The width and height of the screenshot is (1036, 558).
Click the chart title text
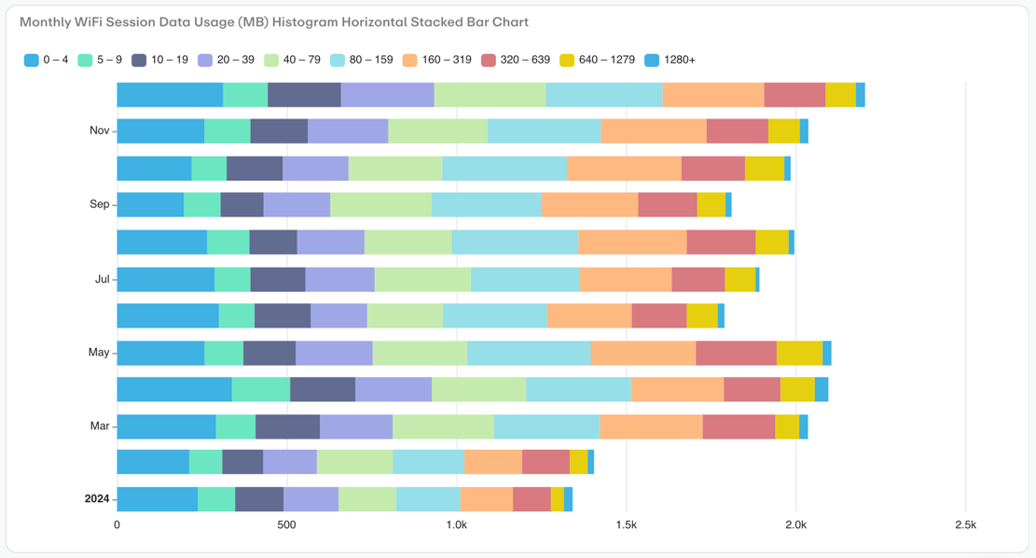click(x=274, y=21)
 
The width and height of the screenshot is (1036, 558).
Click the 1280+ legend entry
click(x=670, y=60)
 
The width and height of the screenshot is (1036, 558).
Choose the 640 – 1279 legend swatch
click(x=567, y=60)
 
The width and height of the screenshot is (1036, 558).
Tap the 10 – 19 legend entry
click(x=159, y=60)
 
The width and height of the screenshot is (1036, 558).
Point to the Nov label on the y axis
click(x=99, y=131)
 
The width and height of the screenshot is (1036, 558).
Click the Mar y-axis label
click(x=99, y=426)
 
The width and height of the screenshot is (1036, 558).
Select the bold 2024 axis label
click(x=97, y=499)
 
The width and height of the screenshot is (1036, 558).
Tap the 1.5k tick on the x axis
click(x=626, y=525)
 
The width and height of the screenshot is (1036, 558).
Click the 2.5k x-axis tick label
click(x=965, y=525)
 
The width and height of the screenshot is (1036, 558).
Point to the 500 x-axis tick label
click(x=286, y=525)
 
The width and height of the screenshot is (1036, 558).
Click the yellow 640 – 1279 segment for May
click(x=799, y=353)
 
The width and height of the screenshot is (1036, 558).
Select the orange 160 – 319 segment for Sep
click(x=589, y=204)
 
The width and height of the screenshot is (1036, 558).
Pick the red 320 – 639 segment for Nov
click(x=737, y=131)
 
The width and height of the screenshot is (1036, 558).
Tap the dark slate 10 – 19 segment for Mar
click(x=287, y=426)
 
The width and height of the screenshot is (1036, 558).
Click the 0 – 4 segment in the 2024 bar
click(x=157, y=499)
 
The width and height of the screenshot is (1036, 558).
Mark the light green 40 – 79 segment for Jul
click(x=422, y=279)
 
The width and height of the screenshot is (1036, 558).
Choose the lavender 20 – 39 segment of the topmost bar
click(x=387, y=95)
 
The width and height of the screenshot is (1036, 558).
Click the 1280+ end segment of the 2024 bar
click(x=568, y=499)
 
